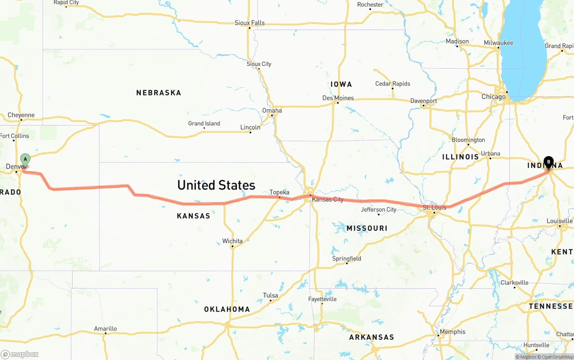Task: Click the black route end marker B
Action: [548, 162]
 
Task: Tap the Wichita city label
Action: [232, 241]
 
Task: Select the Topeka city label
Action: [279, 192]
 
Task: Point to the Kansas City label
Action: [328, 200]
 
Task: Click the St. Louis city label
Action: [435, 208]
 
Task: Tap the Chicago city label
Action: [493, 97]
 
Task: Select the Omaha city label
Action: [272, 111]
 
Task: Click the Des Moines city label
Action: [338, 98]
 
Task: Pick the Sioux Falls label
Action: [250, 23]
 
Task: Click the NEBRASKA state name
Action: [159, 93]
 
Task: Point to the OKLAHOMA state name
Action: [227, 309]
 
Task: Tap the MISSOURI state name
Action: [367, 228]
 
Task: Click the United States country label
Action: [216, 185]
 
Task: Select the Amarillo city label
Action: [105, 329]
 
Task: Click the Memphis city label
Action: [452, 332]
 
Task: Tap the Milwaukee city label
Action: [499, 43]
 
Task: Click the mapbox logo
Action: [20, 354]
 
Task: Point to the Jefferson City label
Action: [379, 209]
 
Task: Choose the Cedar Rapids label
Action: [393, 84]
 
